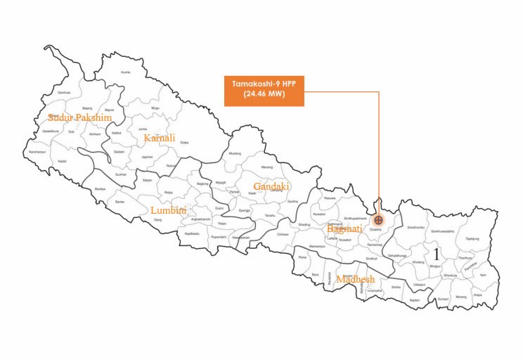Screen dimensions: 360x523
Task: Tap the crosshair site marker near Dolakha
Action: click(379, 220)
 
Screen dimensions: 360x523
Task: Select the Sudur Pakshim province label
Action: click(79, 117)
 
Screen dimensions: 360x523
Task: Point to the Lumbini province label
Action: click(168, 210)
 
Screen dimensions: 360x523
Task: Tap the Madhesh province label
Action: click(354, 279)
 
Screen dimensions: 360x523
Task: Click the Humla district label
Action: click(126, 72)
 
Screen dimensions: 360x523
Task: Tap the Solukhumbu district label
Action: click(416, 227)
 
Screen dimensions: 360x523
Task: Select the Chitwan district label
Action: click(283, 234)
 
